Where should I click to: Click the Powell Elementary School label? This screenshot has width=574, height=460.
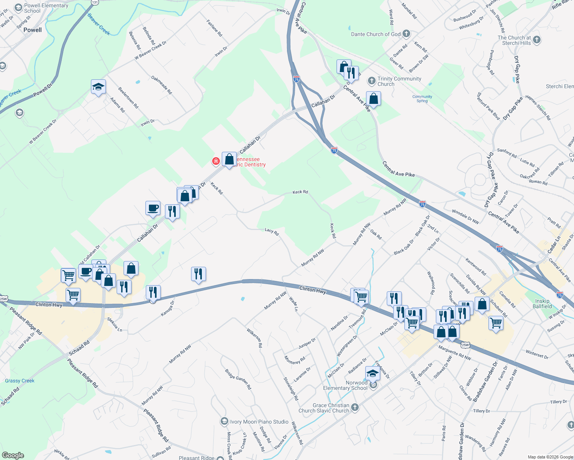tap(46, 8)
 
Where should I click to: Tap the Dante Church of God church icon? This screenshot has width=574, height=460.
tap(406, 34)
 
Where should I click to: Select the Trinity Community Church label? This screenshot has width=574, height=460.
tap(399, 81)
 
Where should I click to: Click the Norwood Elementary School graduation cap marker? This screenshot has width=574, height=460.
tap(372, 373)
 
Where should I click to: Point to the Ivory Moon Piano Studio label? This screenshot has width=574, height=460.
tap(259, 422)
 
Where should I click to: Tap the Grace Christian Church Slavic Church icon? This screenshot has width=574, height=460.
tap(355, 407)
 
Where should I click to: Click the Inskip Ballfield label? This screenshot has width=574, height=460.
tap(542, 304)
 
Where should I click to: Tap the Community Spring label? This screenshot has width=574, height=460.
tap(422, 99)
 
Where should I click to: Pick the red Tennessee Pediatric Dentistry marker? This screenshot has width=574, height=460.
tap(216, 161)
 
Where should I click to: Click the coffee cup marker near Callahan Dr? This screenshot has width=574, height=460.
tap(153, 208)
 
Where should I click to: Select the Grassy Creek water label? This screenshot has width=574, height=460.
tap(20, 381)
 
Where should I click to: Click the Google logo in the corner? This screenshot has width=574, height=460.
tap(13, 455)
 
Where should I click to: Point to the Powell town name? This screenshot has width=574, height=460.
tap(33, 30)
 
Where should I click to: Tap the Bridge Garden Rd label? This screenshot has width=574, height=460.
tap(238, 379)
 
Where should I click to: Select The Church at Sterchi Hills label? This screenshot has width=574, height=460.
tap(514, 40)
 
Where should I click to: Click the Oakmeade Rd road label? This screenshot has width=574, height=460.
tap(162, 85)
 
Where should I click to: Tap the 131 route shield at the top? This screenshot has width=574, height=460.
tap(95, 2)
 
